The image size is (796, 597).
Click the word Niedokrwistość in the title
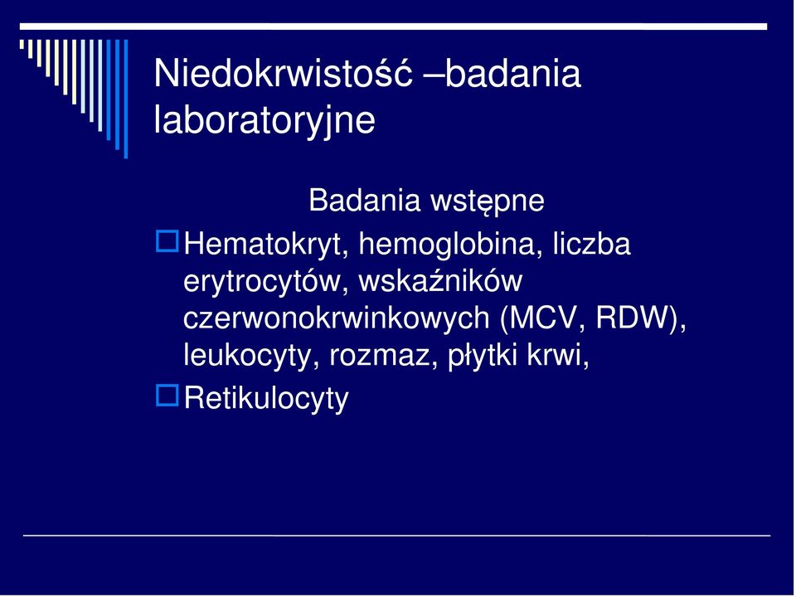coord(283,73)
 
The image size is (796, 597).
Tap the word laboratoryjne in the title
coord(265,120)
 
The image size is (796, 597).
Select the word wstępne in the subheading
coord(488,201)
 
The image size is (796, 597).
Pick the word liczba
coord(591,243)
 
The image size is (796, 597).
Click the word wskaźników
coord(440,281)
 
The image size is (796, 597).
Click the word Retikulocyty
coord(266,399)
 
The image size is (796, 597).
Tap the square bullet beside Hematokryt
coord(167,241)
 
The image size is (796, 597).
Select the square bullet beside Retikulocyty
coord(167,396)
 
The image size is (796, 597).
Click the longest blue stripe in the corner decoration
coord(126,99)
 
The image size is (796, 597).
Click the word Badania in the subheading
coord(365,200)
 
